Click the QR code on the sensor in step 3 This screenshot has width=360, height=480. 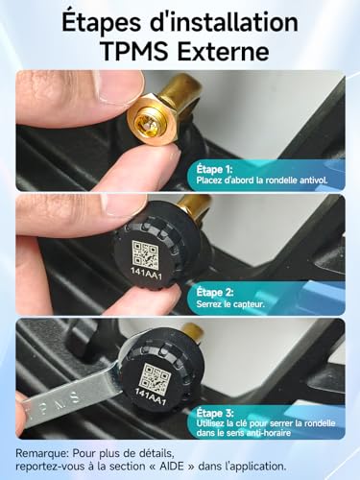click(156, 375)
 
